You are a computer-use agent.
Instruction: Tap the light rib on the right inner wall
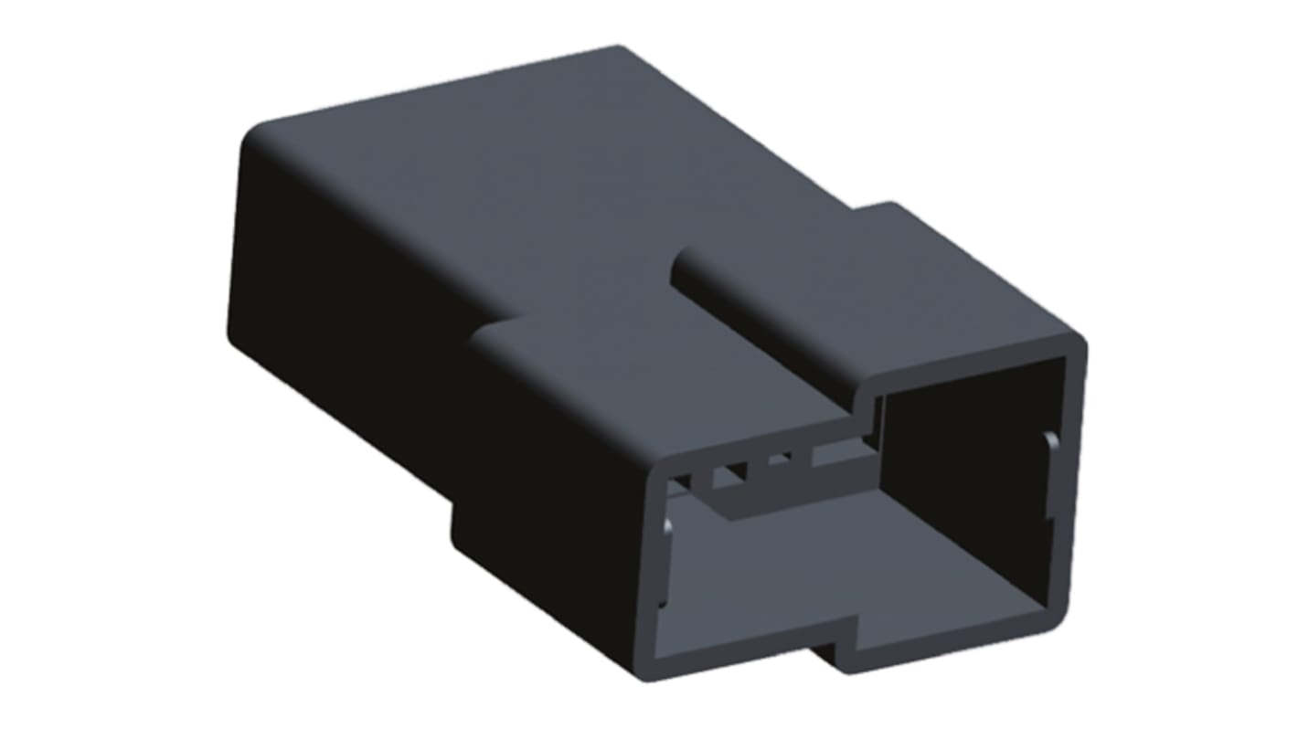[x=1052, y=451]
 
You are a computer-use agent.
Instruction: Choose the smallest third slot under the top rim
[x=780, y=460]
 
